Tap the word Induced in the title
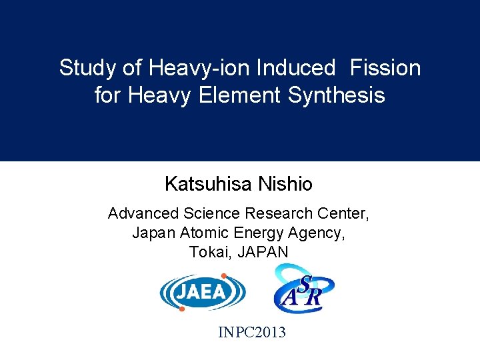tap(297, 68)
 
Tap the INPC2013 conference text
tap(252, 331)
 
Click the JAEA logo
tap(202, 293)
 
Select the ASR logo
tap(304, 289)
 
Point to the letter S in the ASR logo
tap(305, 283)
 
